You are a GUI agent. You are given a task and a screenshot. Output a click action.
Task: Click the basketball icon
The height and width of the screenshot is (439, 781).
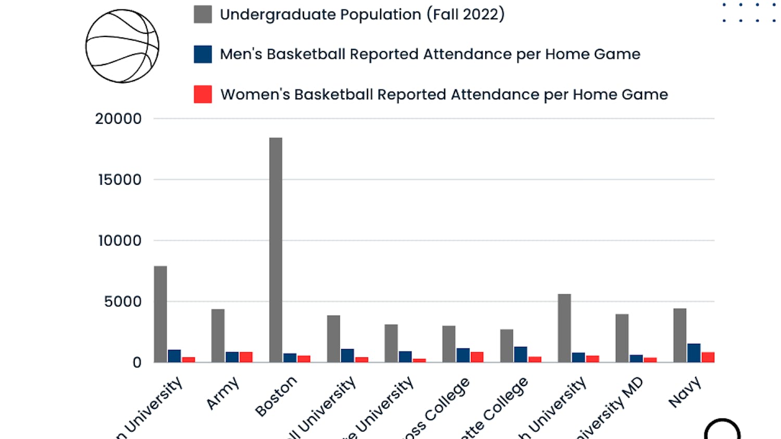coord(122,46)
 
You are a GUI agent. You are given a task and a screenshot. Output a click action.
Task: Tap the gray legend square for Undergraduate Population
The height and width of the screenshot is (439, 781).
coord(203,14)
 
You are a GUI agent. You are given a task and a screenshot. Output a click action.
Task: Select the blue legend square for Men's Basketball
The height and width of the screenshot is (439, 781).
coord(203,54)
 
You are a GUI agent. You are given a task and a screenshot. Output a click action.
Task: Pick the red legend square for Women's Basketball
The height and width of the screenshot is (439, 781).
coord(203,94)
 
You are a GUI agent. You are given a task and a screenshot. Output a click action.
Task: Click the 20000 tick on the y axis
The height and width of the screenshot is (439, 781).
coord(118,119)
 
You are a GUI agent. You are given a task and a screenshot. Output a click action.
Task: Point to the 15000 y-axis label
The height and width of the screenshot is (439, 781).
coord(120,179)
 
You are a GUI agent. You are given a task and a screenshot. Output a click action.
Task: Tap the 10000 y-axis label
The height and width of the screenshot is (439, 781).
coord(120,240)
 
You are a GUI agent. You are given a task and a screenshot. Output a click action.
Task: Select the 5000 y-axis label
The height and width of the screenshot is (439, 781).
coord(122,301)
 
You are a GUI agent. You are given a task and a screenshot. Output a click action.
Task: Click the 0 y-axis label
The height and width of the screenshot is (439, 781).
coord(137,362)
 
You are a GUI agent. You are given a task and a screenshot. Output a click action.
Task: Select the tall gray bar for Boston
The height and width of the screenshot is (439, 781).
coord(275,250)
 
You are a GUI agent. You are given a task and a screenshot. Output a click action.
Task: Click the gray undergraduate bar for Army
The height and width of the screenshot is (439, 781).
coord(218,335)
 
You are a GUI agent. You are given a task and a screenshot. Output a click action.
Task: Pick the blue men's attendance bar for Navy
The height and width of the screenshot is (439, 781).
coord(694,353)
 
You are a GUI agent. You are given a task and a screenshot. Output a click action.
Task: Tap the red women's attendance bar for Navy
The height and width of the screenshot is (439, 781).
coord(708,357)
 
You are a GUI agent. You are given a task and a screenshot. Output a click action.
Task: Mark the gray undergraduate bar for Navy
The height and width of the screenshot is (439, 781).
coord(679,335)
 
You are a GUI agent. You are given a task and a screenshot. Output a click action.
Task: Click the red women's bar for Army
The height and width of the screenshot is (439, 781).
coord(246,357)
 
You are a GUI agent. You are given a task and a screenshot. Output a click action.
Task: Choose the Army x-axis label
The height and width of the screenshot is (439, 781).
coord(223,393)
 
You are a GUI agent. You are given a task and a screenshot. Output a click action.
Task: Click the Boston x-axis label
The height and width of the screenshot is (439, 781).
coord(276,396)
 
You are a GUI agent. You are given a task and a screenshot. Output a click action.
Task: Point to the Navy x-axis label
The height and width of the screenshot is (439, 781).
coord(685,392)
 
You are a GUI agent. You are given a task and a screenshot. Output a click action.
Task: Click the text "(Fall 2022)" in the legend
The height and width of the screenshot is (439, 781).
coord(465,14)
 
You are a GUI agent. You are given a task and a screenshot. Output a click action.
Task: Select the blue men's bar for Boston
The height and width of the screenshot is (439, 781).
coord(289,358)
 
